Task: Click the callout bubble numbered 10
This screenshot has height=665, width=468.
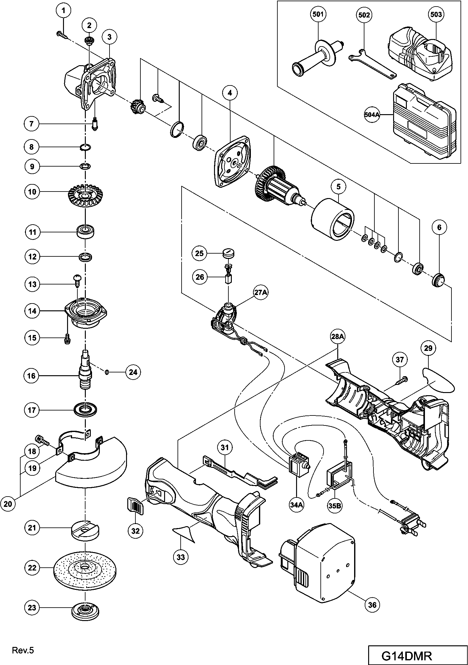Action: tap(32, 192)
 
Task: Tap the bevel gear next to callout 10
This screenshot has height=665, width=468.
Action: tap(85, 196)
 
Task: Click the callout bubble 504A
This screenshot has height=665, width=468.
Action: tap(372, 115)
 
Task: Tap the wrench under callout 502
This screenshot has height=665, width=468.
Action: tap(372, 64)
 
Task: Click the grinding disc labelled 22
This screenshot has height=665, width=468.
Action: tap(85, 567)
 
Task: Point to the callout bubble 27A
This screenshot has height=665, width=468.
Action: tap(261, 294)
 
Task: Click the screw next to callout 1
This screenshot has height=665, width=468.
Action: tap(62, 35)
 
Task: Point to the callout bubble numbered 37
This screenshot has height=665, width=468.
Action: tap(400, 360)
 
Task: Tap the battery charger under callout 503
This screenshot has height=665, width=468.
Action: tap(420, 56)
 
